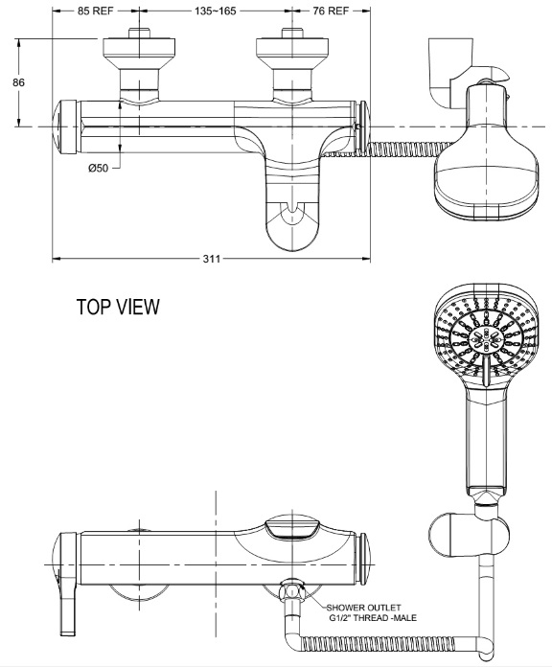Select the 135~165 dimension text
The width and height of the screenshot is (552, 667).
pyautogui.click(x=213, y=13)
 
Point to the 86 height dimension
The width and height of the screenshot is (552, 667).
pyautogui.click(x=17, y=82)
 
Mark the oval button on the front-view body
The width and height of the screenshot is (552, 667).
pyautogui.click(x=292, y=526)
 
